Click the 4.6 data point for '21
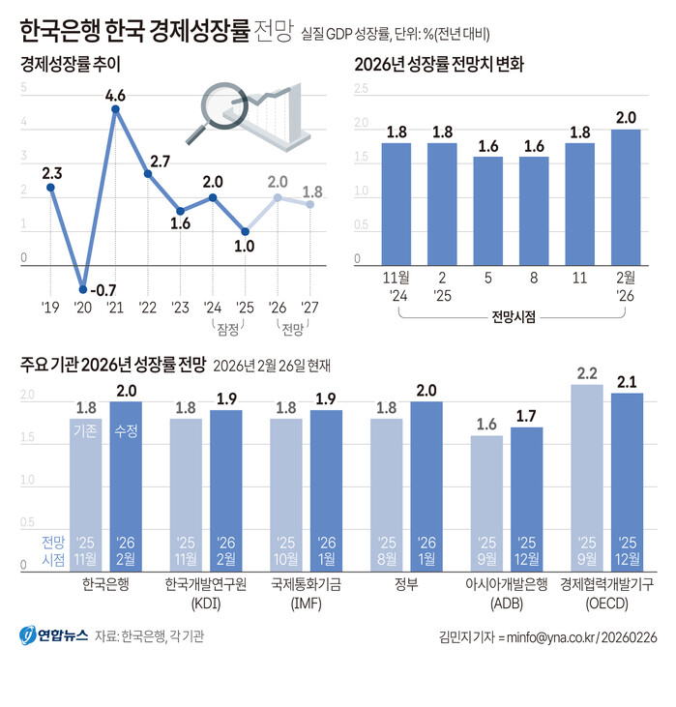[x=116, y=109]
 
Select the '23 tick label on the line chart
[x=180, y=309]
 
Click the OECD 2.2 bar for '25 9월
[x=587, y=474]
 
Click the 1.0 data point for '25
[x=245, y=231]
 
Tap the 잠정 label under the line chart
[x=229, y=328]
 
